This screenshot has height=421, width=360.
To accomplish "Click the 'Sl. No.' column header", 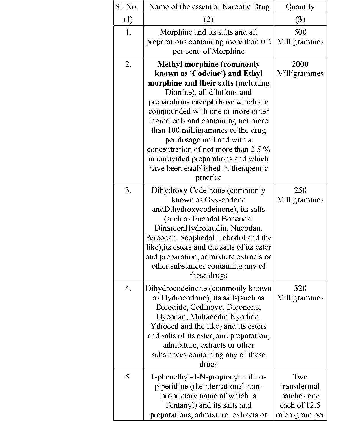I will pos(127,7).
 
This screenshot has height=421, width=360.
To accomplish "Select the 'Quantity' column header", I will pos(300,7).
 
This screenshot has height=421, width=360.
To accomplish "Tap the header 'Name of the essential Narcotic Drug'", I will pos(209,7).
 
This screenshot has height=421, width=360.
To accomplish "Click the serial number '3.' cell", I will pos(128,191).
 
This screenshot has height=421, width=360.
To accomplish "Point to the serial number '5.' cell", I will pos(128,377).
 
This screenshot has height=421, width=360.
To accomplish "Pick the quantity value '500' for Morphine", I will pos(300,32).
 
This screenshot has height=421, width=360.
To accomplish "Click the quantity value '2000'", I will pos(300,64).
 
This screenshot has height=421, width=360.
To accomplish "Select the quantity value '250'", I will pos(300,190).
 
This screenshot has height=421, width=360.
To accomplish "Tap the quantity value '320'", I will pos(300,288).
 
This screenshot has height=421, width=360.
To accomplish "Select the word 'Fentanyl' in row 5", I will pos(181,405).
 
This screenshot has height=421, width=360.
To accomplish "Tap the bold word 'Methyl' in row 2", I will pos(169,64).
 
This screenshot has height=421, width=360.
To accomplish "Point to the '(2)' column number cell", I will pos(208,19).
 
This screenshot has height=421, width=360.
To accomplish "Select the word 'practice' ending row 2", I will pos(208,178).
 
